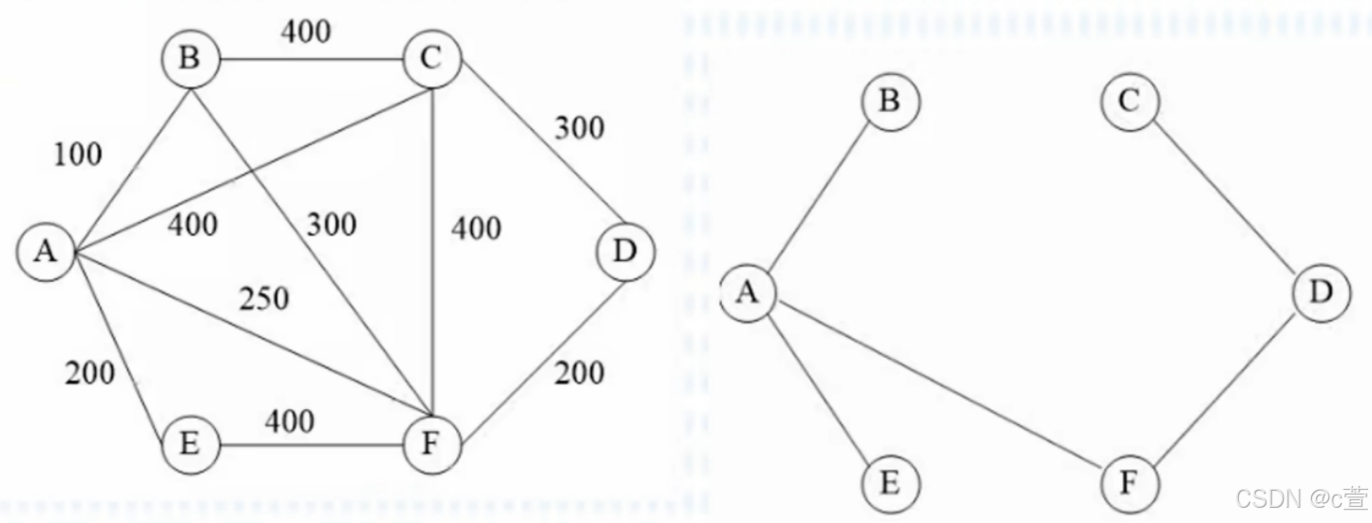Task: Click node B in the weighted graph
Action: click(190, 61)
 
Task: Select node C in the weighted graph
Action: click(432, 61)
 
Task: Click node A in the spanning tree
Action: click(749, 292)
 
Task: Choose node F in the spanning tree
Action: click(1129, 483)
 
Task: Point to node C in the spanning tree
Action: click(1129, 100)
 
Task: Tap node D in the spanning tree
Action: click(1321, 292)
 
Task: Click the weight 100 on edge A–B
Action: click(78, 154)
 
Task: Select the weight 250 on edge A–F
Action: click(263, 299)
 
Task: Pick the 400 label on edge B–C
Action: click(305, 31)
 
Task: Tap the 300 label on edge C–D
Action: click(578, 127)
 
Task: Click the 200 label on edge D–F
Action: click(578, 373)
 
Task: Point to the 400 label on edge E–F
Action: click(289, 420)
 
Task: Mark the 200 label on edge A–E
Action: click(90, 373)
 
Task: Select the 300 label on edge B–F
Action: click(331, 225)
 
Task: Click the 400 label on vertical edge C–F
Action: click(475, 229)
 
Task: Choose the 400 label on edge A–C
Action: click(192, 225)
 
